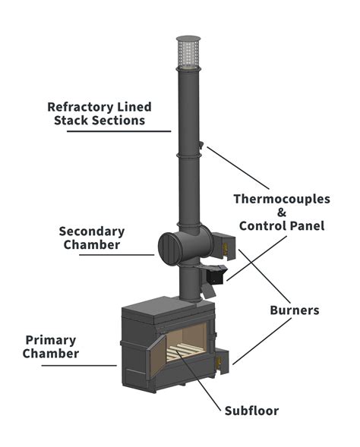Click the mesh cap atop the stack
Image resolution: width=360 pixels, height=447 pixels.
coord(186,49)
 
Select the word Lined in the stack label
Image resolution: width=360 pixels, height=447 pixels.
coord(134,106)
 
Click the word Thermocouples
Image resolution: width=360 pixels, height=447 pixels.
coord(281,200)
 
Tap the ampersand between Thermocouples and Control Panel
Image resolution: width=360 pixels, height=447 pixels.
coord(282,212)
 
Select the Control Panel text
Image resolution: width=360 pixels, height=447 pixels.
coord(281,225)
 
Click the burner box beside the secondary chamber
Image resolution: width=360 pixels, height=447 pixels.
coord(226,244)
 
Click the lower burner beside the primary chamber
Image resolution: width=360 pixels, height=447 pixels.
coord(223,362)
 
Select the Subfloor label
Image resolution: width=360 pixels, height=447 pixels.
coord(251,411)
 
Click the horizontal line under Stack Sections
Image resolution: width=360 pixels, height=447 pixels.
coord(118,131)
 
